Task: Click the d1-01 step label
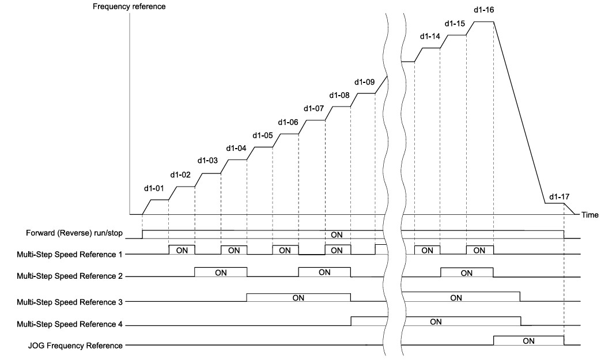tap(154, 188)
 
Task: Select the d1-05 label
tap(262, 135)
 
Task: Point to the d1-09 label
tap(365, 82)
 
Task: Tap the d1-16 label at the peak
tap(483, 10)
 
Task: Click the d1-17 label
tap(559, 196)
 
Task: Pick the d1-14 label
tap(430, 36)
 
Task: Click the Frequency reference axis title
tap(129, 7)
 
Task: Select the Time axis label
tap(589, 215)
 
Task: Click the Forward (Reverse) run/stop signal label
tap(74, 233)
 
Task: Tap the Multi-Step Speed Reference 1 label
tap(69, 255)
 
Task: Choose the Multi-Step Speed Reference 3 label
tap(70, 302)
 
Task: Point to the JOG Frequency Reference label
tap(75, 346)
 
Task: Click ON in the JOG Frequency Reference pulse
tap(528, 341)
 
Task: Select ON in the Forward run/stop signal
tap(337, 235)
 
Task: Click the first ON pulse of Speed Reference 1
tap(182, 251)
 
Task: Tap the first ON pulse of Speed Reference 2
tap(221, 272)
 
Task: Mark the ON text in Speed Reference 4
tap(436, 321)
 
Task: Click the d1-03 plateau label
tap(207, 161)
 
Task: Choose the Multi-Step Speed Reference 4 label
tap(70, 324)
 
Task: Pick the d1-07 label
tap(313, 108)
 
